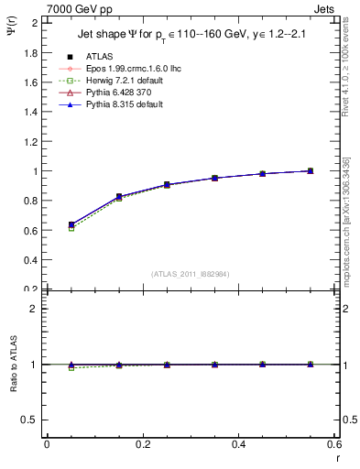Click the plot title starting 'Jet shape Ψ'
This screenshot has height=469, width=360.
coord(184,35)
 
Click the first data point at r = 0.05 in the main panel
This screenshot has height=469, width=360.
coord(71,224)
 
